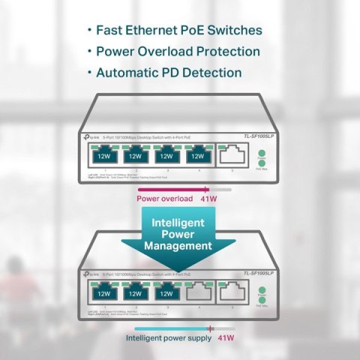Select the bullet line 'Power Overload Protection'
pos(179,52)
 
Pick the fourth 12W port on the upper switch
pos(197,157)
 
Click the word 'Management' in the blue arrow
pos(180,244)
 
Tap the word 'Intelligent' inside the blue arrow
pos(180,223)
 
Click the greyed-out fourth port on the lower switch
pos(197,292)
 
